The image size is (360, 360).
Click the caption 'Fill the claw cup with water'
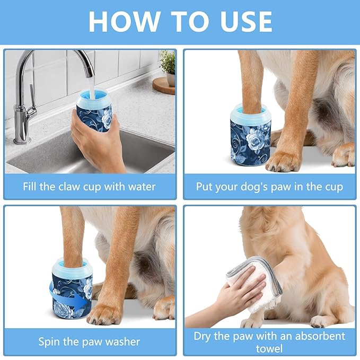point(89,187)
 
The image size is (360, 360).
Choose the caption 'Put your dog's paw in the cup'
point(269,187)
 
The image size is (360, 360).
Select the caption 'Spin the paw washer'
point(89,341)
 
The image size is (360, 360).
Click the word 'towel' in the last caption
point(269,348)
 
